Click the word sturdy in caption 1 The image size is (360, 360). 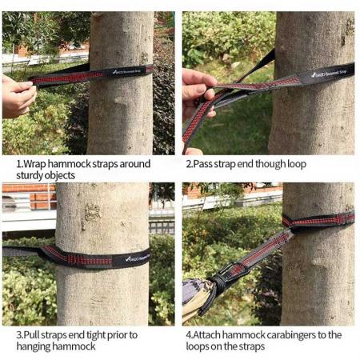point(32,175)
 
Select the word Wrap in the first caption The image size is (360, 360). point(33,164)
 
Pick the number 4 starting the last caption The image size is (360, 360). point(188,334)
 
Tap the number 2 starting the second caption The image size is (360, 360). point(188,164)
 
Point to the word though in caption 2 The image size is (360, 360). point(262,164)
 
